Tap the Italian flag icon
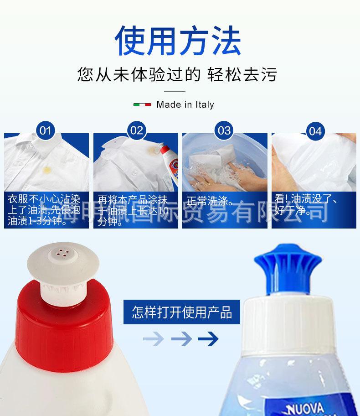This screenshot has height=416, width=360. click(142, 104)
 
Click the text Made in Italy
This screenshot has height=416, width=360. click(185, 104)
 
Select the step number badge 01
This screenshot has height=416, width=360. click(45, 131)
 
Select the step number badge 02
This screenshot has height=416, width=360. click(136, 131)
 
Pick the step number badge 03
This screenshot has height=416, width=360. click(224, 131)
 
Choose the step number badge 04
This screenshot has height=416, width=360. click(315, 131)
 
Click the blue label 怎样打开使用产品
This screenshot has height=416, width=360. click(182, 312)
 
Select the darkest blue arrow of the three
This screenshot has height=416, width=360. click(208, 339)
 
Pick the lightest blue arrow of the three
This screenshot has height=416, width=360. click(153, 339)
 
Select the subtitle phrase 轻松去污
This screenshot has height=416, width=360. click(242, 74)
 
